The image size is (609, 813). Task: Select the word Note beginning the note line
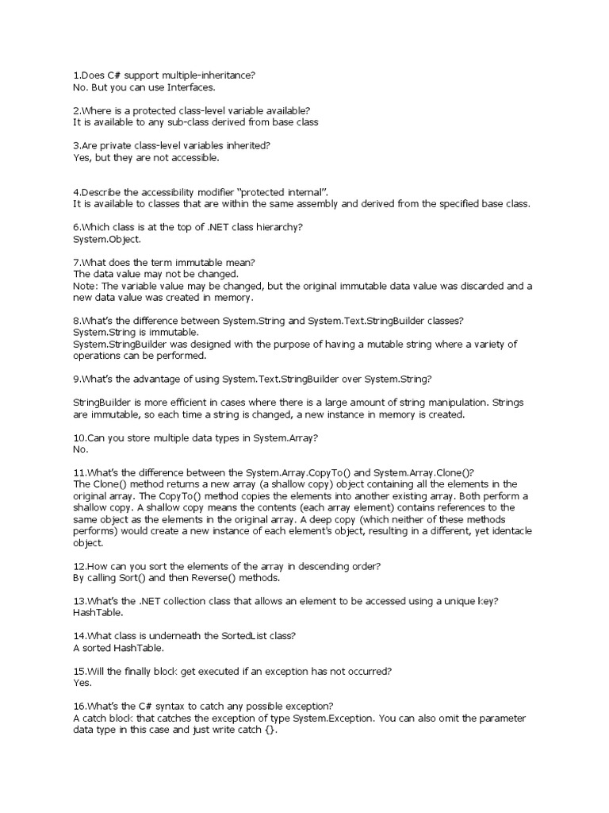(x=84, y=285)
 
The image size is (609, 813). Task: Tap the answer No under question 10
(x=80, y=449)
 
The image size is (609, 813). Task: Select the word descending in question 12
(x=293, y=566)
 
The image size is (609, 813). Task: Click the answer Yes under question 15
(x=82, y=682)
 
